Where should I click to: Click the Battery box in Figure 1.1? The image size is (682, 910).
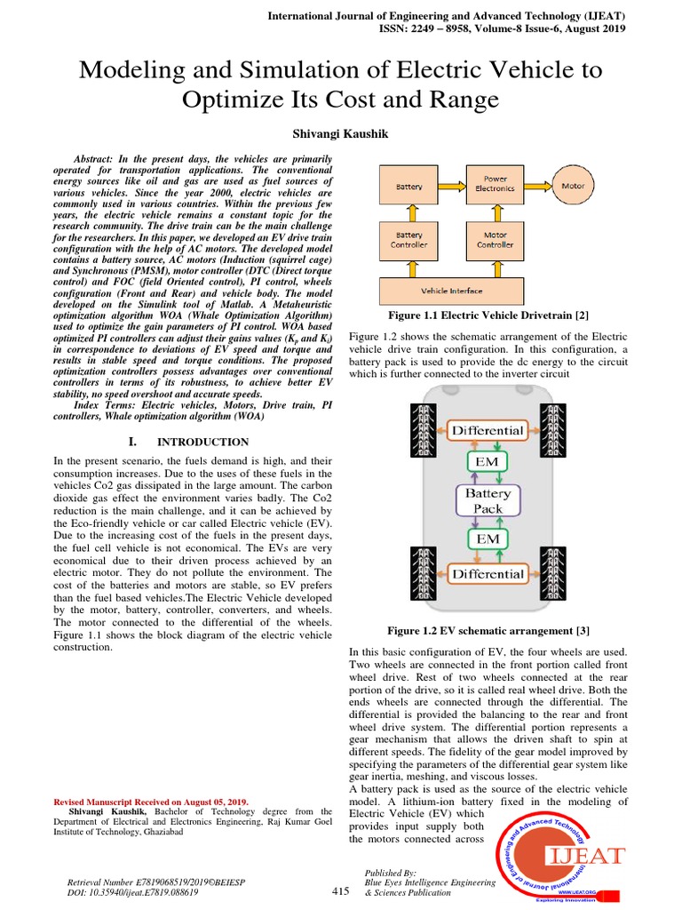click(408, 188)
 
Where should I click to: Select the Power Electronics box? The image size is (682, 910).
click(495, 184)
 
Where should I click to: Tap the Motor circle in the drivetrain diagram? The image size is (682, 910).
click(573, 187)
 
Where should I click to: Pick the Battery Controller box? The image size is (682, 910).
click(408, 240)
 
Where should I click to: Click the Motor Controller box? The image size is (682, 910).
click(495, 240)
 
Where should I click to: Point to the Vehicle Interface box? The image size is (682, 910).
click(452, 291)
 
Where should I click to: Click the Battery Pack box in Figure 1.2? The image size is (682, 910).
click(488, 500)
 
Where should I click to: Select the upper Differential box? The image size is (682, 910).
click(488, 430)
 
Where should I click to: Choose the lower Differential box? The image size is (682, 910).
click(488, 573)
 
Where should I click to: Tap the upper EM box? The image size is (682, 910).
click(488, 462)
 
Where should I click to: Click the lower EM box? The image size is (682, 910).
click(488, 539)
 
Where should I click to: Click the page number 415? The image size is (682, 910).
click(342, 890)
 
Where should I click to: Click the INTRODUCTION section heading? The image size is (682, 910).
click(202, 442)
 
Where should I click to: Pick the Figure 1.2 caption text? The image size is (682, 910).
click(488, 631)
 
